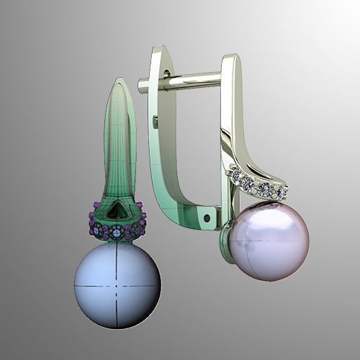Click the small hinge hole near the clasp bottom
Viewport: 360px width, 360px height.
(207, 216)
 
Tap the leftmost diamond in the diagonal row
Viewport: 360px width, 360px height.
(235, 173)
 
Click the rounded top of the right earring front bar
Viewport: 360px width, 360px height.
(230, 58)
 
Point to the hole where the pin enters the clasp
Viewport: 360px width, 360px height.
(167, 75)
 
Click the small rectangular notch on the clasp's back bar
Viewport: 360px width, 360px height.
(156, 122)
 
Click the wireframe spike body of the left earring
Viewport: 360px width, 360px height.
(119, 144)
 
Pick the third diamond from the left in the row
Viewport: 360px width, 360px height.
(264, 189)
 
